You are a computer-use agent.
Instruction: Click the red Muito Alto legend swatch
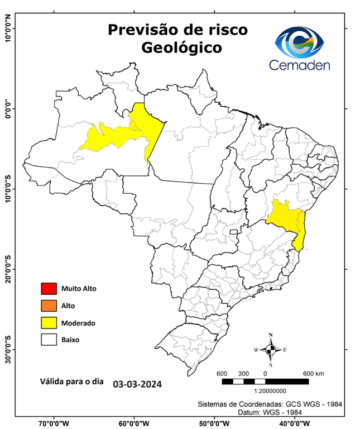click(49, 289)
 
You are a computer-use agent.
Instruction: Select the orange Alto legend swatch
click(49, 306)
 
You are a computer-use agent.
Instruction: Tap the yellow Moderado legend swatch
click(49, 322)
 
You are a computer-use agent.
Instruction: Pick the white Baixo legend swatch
click(49, 339)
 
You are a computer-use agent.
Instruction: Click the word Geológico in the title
click(181, 47)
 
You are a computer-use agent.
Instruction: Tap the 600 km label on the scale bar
click(314, 373)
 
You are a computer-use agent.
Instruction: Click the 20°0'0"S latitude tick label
click(7, 269)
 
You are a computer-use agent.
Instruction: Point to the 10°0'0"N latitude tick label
click(7, 28)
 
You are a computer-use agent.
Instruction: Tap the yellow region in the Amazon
click(123, 134)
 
